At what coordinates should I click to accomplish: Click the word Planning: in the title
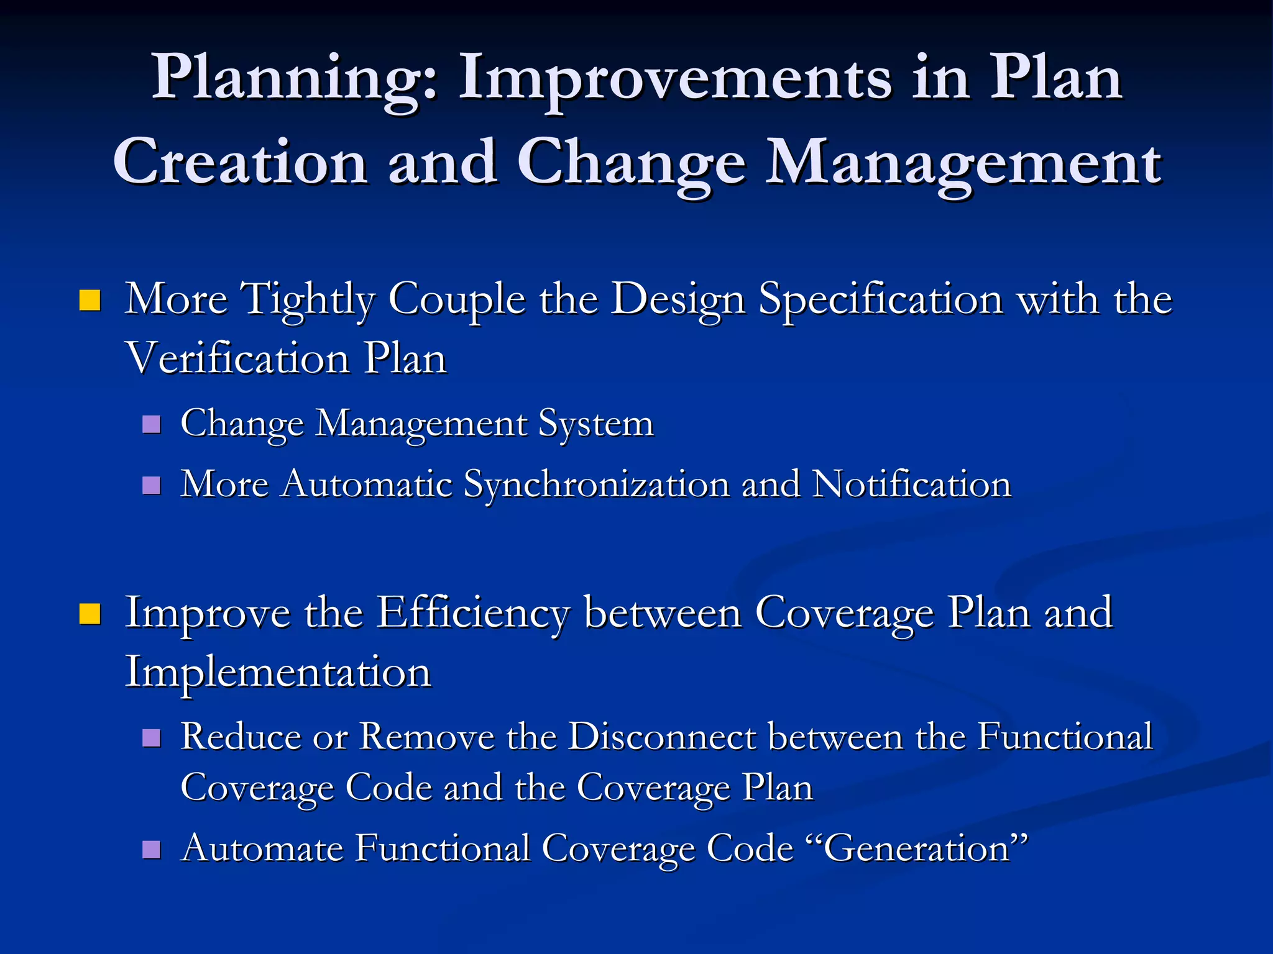coord(295,79)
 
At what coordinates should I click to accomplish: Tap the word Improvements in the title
coord(674,79)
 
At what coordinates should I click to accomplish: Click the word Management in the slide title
coord(962,163)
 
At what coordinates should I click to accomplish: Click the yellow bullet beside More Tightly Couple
coord(90,301)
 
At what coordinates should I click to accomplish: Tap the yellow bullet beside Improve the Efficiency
coord(90,614)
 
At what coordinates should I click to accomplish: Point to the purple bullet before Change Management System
coord(151,425)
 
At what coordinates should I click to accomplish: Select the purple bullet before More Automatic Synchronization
coord(151,485)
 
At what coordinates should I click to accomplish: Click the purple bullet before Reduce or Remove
coord(151,738)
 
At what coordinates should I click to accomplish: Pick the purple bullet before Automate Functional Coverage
coord(151,849)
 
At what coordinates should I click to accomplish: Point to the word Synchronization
coord(597,484)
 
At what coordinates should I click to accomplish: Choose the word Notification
coord(912,484)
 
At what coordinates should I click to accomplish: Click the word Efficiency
coord(472,614)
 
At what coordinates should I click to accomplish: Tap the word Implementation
coord(278,672)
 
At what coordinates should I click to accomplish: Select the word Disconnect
coord(661,737)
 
